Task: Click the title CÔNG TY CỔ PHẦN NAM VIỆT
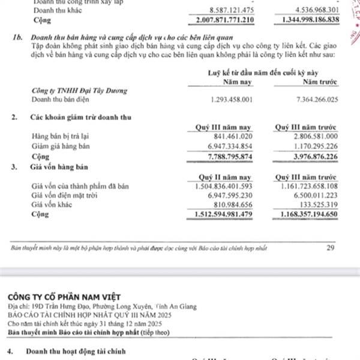(65, 297)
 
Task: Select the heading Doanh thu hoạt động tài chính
(80, 350)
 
